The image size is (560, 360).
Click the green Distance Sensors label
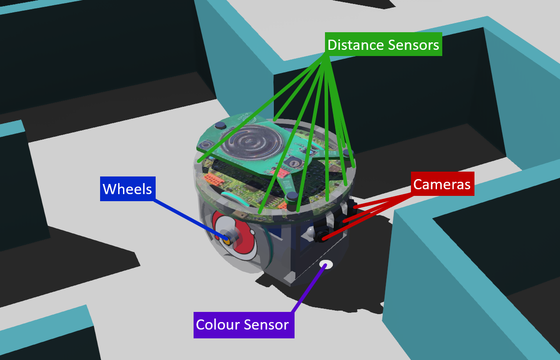(383, 45)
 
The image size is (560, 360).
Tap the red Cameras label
(442, 184)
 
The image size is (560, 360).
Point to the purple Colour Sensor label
(243, 325)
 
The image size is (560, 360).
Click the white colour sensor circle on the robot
(327, 265)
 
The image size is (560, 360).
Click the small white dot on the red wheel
(251, 232)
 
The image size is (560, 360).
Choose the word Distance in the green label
(355, 45)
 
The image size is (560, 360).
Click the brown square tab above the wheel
(240, 214)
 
